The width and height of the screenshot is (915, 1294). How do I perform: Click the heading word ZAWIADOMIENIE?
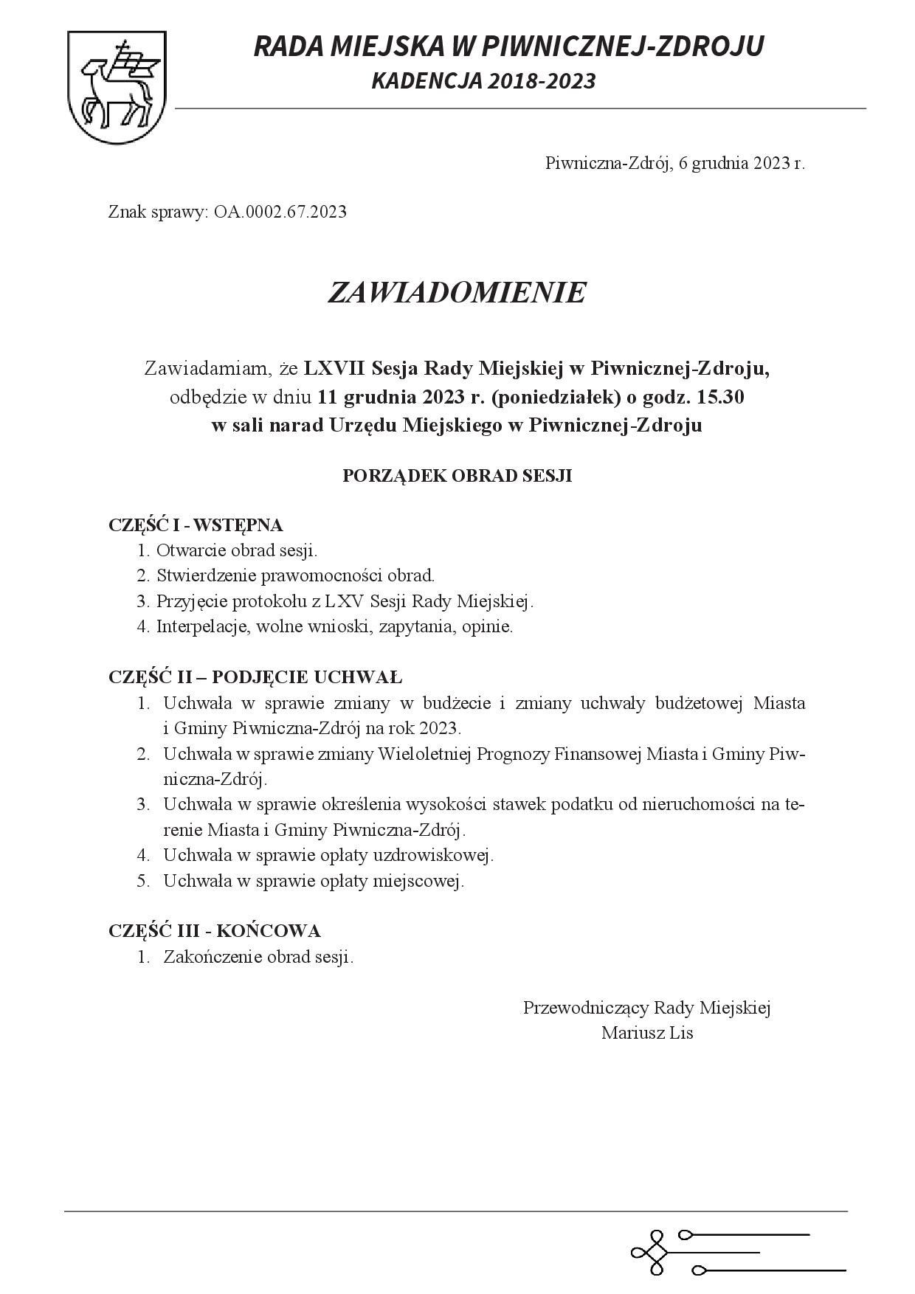coord(457,293)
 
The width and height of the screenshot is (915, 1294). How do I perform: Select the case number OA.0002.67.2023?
coord(280,212)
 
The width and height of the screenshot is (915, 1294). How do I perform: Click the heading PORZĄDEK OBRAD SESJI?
coord(457,476)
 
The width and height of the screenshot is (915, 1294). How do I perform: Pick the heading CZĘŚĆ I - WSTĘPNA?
coord(196,525)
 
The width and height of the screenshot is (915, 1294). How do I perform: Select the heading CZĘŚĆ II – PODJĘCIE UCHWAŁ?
coord(255,677)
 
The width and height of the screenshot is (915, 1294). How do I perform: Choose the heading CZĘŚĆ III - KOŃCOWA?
coord(214,931)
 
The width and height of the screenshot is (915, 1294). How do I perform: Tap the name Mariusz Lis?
coord(647,1033)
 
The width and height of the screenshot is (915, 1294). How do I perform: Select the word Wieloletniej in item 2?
coord(424,754)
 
